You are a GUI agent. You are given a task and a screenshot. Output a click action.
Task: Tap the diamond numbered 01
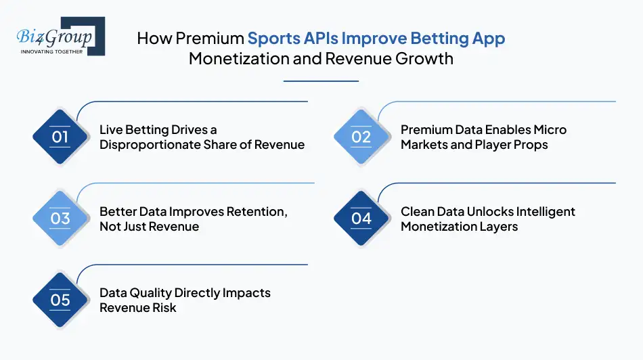tap(60, 137)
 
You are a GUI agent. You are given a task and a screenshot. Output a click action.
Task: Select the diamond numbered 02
tap(361, 137)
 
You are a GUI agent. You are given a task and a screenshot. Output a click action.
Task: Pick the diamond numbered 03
tap(60, 218)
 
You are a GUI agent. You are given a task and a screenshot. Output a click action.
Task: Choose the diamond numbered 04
tap(361, 218)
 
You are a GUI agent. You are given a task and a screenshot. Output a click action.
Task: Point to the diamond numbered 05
tap(60, 300)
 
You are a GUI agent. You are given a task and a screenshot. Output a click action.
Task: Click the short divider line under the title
tap(321, 81)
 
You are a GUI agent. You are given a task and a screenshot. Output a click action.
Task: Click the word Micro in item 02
tap(549, 129)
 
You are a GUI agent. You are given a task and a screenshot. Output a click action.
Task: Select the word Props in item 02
tap(532, 144)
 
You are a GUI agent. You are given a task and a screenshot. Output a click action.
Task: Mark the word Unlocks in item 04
tap(489, 211)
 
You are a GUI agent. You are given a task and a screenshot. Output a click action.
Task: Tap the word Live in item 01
tap(111, 129)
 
